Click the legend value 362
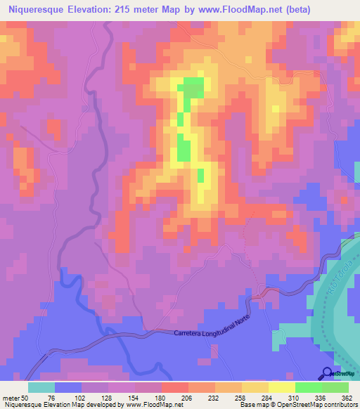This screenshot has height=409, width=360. pos(347,397)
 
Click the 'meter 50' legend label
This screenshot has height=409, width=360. pos(15,397)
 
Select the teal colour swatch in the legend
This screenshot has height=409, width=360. pos(41,387)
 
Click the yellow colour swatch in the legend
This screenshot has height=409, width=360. pos(282,387)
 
